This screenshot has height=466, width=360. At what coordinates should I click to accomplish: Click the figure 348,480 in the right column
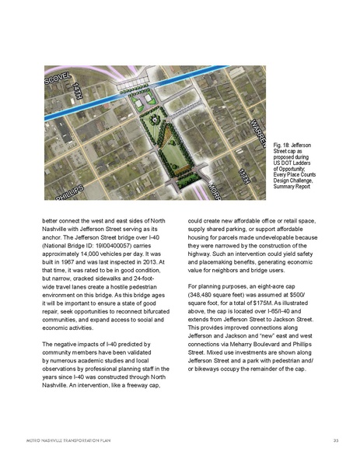coord(206,296)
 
